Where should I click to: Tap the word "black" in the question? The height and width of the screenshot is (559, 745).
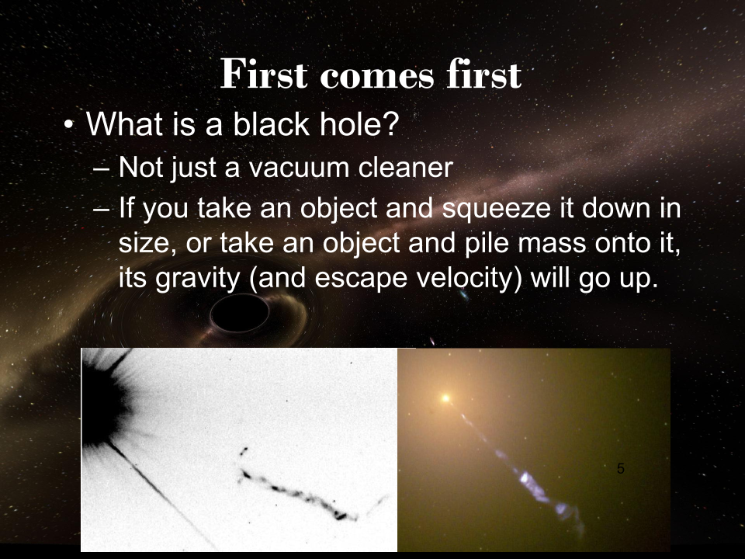(x=271, y=124)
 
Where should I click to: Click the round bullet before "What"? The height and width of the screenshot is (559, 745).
(x=69, y=125)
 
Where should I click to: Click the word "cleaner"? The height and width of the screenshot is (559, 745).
(x=406, y=168)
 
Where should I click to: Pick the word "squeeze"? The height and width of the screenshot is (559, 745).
(x=496, y=209)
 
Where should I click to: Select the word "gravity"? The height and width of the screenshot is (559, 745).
(x=197, y=279)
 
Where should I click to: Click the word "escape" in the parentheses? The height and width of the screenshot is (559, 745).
(x=361, y=279)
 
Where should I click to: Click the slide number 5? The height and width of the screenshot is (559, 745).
(x=621, y=469)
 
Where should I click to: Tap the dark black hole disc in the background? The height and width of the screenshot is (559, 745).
(x=240, y=313)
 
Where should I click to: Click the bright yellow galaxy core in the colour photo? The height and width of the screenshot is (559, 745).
(x=445, y=398)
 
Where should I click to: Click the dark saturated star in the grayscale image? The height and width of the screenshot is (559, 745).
(x=102, y=399)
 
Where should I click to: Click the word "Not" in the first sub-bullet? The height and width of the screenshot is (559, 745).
(x=140, y=168)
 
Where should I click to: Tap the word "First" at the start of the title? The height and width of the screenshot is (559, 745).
(x=264, y=75)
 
